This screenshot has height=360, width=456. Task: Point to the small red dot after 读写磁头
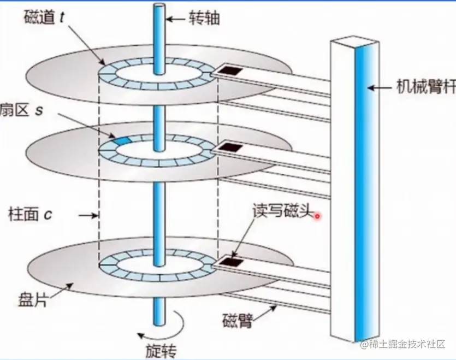coord(317,217)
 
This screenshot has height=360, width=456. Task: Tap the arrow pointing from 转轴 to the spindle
coord(176,19)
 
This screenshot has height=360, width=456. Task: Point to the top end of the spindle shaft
coord(159,7)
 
